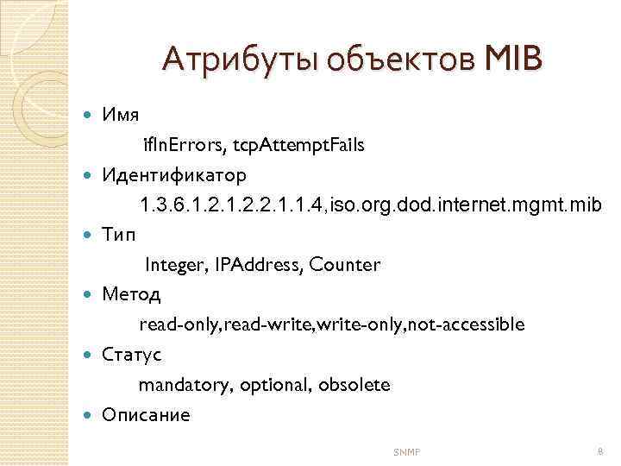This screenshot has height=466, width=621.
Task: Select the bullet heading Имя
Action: pyautogui.click(x=122, y=115)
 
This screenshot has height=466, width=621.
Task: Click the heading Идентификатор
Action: pyautogui.click(x=174, y=174)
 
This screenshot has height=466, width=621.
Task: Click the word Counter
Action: pyautogui.click(x=343, y=265)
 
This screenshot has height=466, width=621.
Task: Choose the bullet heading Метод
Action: pyautogui.click(x=131, y=294)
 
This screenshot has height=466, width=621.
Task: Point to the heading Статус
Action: pyautogui.click(x=132, y=354)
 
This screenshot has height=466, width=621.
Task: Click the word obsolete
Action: pyautogui.click(x=354, y=385)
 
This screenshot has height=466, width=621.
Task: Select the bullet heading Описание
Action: pyautogui.click(x=146, y=414)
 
